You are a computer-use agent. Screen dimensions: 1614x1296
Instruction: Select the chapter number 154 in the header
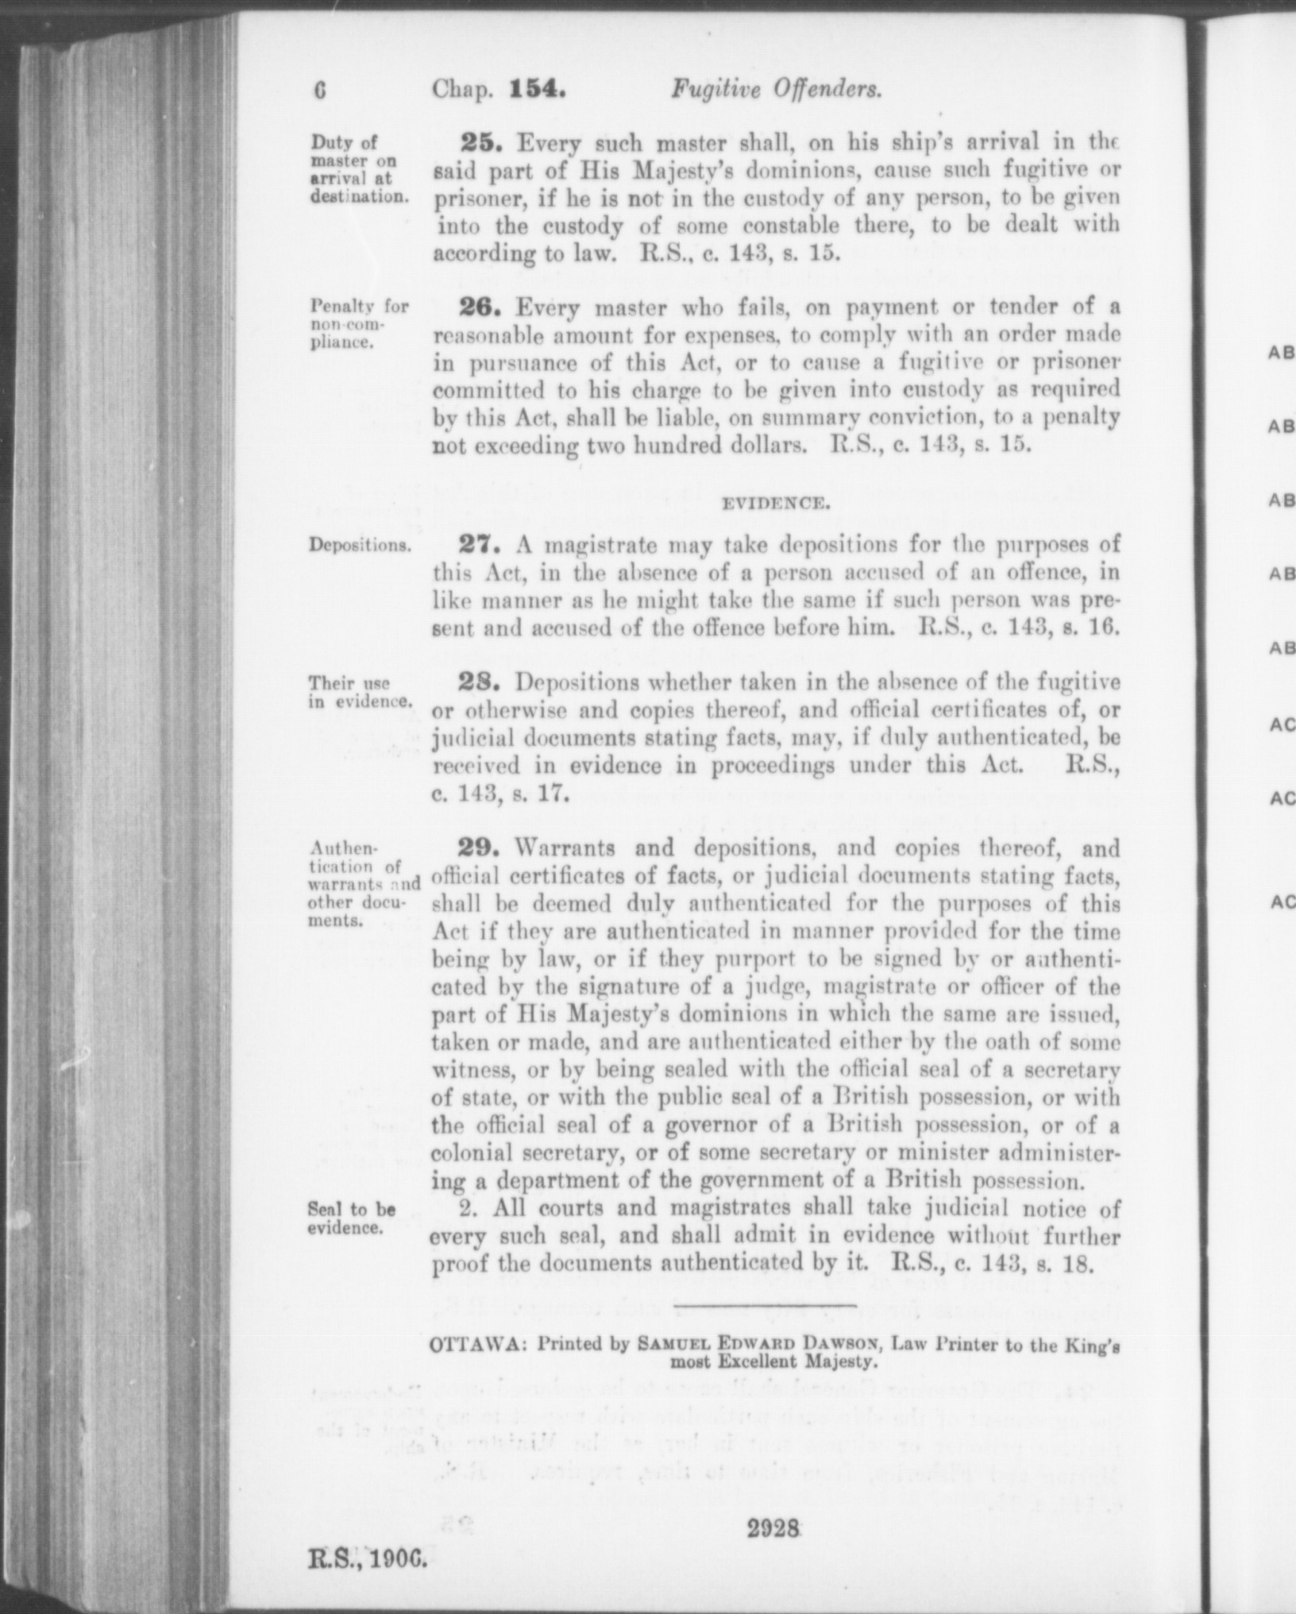click(x=537, y=90)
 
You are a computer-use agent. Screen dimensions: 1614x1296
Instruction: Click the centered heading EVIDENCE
click(x=775, y=503)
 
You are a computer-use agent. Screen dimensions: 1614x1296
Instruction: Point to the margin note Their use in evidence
click(x=361, y=692)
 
